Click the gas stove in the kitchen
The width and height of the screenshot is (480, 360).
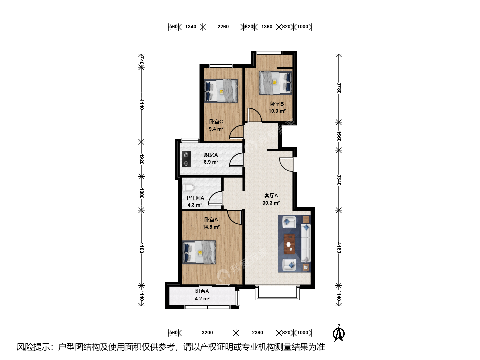pos(186,159)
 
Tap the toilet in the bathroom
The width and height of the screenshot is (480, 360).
pos(188,188)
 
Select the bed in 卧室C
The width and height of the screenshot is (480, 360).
pos(221,91)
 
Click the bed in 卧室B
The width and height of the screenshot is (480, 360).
pos(276,82)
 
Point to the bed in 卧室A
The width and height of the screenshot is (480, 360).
pos(199,252)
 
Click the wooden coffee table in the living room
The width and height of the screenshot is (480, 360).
pos(289,244)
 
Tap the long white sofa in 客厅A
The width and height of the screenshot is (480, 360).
pos(306,243)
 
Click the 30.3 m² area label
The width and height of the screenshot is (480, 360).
pos(271,203)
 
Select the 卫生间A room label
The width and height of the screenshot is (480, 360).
pos(195,198)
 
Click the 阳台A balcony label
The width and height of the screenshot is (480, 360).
pos(202,291)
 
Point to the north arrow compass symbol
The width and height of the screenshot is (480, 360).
pos(339,333)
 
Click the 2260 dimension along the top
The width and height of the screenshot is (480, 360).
pos(223,27)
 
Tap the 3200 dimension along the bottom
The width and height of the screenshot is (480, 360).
pos(207,333)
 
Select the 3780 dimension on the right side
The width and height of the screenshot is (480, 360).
pos(339,88)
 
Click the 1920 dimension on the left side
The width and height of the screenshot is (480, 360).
pos(141,159)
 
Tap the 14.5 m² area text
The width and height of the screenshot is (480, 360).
pos(211,227)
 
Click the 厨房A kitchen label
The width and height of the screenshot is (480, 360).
pos(211,155)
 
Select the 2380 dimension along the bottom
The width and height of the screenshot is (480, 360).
pos(257,333)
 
